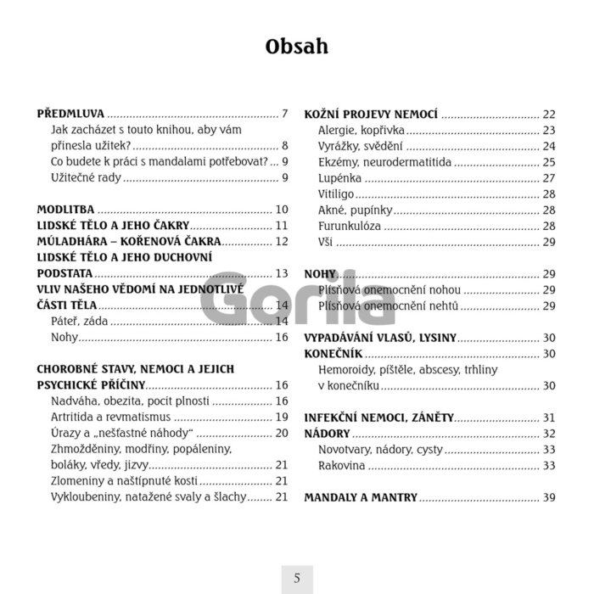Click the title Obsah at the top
296,46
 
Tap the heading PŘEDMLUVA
71,114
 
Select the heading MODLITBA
66,210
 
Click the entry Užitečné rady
86,177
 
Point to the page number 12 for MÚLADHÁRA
283,242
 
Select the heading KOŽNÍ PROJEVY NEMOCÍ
371,114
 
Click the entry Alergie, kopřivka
361,130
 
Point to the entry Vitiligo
336,194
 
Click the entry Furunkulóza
350,226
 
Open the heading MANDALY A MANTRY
361,497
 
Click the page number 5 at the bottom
297,579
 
